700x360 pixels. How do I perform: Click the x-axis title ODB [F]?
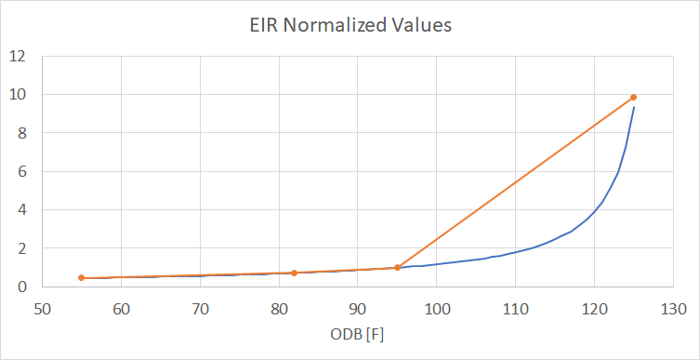coord(357,335)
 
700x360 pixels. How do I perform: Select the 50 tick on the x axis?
coord(42,307)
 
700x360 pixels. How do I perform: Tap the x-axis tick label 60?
coord(121,307)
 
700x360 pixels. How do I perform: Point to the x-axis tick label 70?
coord(200,307)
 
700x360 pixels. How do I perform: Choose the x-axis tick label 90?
coord(358,307)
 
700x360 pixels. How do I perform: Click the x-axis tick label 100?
coord(437,307)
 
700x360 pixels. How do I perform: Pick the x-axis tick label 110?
coord(516,307)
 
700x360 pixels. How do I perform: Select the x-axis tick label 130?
coord(674,307)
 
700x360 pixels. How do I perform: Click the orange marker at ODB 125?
coord(634,97)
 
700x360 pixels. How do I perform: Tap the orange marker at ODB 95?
coord(397,268)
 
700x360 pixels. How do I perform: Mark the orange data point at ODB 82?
coord(295,273)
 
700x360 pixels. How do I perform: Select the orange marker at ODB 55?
coord(82,278)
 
